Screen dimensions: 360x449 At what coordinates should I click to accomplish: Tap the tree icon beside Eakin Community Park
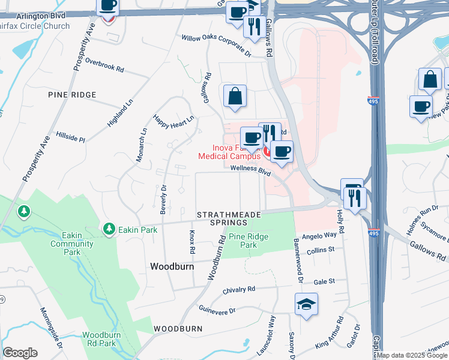(x=24, y=211)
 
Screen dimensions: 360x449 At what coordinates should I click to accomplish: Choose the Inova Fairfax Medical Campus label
(x=228, y=152)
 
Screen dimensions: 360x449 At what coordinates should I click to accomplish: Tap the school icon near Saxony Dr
(x=306, y=305)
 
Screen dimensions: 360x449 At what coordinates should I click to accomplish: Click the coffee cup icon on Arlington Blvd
(x=108, y=5)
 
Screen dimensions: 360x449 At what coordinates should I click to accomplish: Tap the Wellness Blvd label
(x=251, y=170)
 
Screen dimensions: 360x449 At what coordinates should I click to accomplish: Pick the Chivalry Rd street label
(x=239, y=289)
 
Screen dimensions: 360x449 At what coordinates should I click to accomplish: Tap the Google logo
(x=20, y=353)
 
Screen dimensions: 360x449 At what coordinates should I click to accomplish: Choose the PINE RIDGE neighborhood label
(x=72, y=95)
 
